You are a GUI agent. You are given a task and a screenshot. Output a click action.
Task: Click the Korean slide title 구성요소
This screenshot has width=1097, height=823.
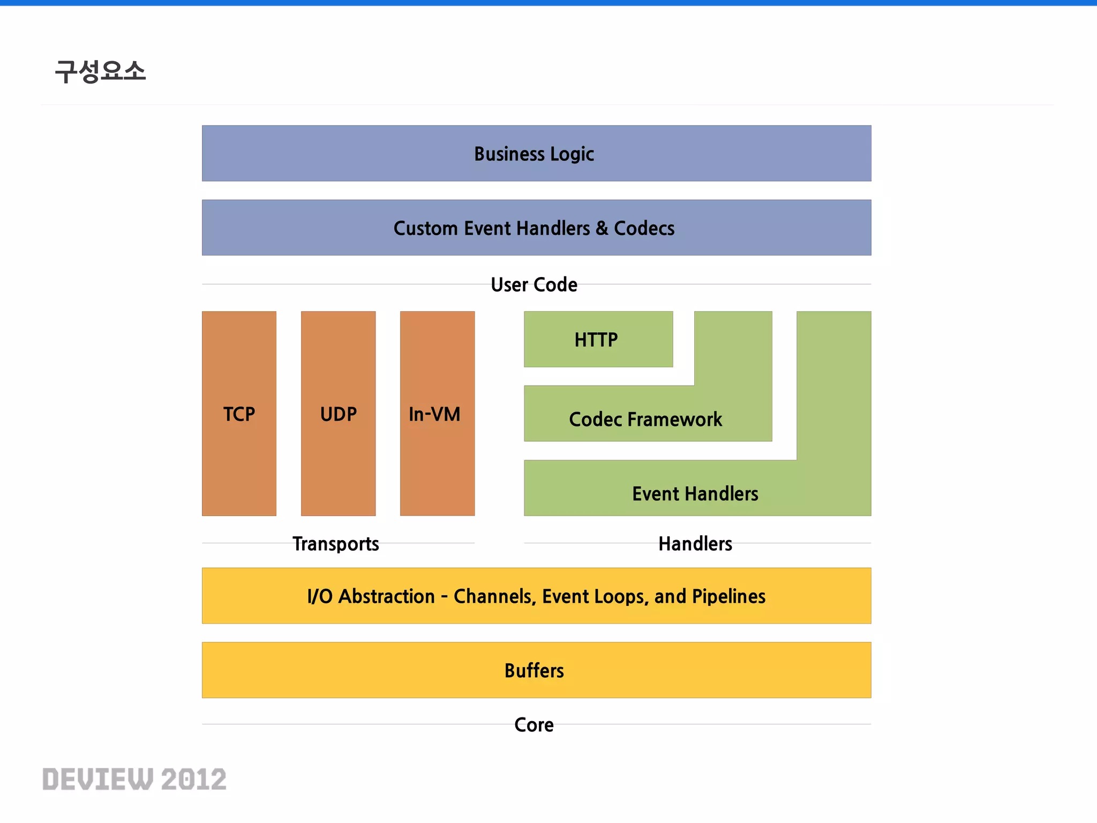(100, 71)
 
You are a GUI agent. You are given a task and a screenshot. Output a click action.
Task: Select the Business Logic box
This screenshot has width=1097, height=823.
(536, 154)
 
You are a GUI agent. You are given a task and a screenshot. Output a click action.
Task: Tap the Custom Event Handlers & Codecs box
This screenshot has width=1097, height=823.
(536, 228)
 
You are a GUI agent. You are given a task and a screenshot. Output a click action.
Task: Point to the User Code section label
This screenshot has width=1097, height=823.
(534, 285)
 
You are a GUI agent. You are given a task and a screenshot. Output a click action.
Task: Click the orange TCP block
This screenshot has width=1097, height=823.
(239, 414)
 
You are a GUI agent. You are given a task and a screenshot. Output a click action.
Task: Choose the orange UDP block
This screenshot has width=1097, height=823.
(338, 414)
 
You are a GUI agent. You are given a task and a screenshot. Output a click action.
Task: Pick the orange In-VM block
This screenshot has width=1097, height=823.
(437, 414)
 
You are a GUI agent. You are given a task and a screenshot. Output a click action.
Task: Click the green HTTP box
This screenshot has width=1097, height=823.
(598, 339)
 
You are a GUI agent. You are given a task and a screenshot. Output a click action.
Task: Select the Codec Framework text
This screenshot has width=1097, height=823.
(645, 419)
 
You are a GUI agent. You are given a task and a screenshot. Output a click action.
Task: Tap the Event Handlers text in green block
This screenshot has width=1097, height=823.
(695, 493)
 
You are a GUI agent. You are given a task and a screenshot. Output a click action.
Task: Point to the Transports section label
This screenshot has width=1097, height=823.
(336, 544)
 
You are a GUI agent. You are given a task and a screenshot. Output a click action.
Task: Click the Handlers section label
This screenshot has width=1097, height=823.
(695, 544)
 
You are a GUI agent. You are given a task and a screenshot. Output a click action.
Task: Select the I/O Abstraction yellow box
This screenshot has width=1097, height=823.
(536, 596)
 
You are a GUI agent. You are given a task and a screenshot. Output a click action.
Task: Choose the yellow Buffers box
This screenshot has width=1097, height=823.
(536, 670)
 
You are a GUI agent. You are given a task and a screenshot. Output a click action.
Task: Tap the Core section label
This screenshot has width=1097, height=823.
(534, 724)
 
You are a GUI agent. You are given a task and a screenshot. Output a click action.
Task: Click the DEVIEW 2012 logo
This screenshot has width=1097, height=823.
(134, 779)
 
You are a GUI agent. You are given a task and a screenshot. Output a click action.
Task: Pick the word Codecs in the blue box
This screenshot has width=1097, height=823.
(644, 228)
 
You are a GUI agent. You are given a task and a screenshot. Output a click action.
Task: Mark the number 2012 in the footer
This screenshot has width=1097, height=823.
(194, 779)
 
